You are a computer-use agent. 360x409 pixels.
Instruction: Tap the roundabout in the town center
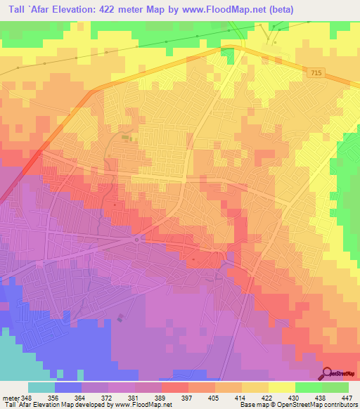tap(136, 240)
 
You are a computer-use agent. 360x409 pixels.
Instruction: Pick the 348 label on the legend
tap(27, 398)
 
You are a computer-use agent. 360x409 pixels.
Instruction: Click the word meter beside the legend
tap(9, 398)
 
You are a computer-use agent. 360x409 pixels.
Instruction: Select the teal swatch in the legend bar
tap(41, 387)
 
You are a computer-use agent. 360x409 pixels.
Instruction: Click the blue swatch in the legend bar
tap(68, 387)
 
